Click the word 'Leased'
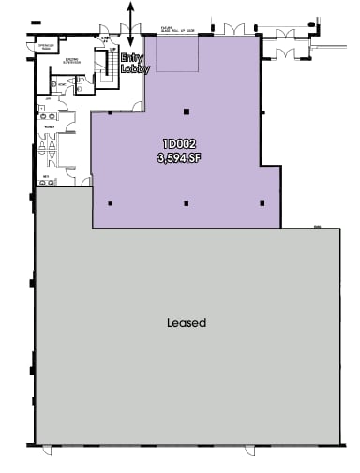pos(186,323)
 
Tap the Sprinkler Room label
pos(44,47)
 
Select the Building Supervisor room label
pos(72,62)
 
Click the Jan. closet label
pos(43,98)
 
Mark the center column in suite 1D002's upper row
pos(187,112)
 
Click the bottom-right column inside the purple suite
pos(262,202)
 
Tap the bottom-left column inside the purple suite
pos(112,203)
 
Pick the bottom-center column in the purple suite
pos(187,203)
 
